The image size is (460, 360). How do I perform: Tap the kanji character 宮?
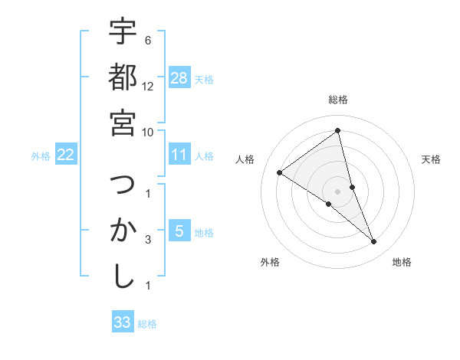point(123,122)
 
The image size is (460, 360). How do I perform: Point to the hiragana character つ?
point(123,185)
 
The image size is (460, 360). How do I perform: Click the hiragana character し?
point(123,276)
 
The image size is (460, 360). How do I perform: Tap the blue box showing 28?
point(179,78)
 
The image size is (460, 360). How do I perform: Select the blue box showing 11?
point(179,155)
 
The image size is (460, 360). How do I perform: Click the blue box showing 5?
point(179,231)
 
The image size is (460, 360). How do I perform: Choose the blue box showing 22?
point(66,155)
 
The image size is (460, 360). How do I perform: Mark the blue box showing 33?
point(123,322)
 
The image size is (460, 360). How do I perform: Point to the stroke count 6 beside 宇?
point(147,40)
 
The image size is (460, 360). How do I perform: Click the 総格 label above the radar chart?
point(337,100)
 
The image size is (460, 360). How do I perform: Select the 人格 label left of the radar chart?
point(245,159)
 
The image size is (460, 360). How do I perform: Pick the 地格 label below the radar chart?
point(402,262)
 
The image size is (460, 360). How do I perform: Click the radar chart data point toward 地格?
point(374,242)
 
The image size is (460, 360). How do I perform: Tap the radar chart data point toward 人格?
point(280,172)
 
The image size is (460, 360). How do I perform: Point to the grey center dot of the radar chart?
point(337,191)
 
